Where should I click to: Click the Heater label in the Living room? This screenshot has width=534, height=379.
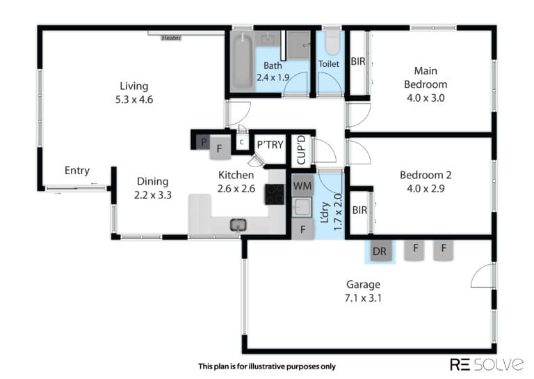click(x=171, y=38)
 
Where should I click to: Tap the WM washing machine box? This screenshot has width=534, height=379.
click(x=302, y=186)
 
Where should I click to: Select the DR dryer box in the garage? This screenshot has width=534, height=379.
click(x=380, y=252)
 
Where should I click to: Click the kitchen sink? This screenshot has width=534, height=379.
click(x=238, y=225)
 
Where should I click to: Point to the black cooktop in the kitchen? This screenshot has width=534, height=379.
click(x=275, y=194)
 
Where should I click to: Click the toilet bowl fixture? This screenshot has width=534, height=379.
click(x=332, y=43)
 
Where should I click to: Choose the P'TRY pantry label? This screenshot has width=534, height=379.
click(x=270, y=145)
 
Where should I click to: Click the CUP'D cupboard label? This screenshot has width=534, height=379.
click(x=301, y=150)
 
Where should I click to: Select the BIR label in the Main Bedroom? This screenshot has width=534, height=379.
click(x=358, y=61)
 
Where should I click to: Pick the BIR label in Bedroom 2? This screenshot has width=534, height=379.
click(x=359, y=210)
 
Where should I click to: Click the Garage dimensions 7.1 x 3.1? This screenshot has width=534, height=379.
click(x=363, y=298)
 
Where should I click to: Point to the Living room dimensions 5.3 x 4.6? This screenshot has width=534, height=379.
click(x=134, y=100)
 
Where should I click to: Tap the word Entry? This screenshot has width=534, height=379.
click(x=77, y=171)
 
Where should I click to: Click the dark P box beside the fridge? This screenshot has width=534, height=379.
click(x=204, y=142)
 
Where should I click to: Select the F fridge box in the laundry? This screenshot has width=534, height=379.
click(x=302, y=230)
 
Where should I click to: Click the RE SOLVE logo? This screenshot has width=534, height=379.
click(x=487, y=364)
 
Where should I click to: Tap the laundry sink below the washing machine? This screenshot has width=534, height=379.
click(x=302, y=207)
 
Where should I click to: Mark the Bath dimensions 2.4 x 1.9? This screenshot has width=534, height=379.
click(x=273, y=77)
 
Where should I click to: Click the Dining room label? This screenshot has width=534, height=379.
click(x=152, y=181)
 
